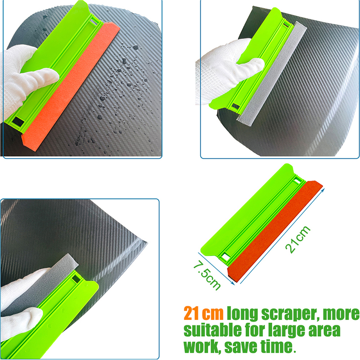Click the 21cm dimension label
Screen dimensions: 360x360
[298, 240]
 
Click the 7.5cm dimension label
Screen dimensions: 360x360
[207, 275]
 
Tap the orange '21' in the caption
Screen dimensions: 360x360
[191, 313]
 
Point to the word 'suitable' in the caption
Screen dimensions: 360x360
[212, 330]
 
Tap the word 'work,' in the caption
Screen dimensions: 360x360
[202, 346]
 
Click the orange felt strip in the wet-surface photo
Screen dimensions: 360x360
[71, 87]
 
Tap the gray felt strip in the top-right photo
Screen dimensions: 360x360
[272, 73]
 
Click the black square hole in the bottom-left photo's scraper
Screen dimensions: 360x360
[76, 279]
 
